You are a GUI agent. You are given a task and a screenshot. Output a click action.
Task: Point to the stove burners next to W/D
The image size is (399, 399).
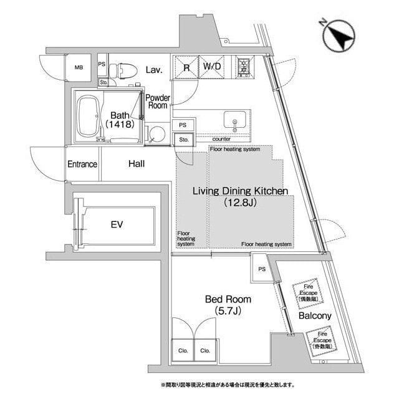[x=243, y=65]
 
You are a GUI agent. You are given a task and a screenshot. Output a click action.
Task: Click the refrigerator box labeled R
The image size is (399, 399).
[x=186, y=67]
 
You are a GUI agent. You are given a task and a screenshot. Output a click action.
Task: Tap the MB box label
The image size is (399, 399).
[x=79, y=67]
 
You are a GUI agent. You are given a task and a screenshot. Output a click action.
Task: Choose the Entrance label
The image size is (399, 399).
[x=82, y=165]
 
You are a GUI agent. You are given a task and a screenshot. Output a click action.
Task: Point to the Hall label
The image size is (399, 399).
[x=137, y=165]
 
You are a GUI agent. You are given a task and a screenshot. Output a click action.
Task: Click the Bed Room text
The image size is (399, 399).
[x=228, y=300]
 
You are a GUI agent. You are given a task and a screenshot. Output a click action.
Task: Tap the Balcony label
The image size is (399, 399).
[x=314, y=316]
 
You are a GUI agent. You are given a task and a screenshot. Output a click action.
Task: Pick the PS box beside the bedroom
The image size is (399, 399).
[x=261, y=269]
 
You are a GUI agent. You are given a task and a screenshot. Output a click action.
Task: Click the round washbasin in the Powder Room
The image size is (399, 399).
[x=157, y=133]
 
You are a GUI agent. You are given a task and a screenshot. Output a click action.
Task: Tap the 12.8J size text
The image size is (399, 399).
[x=240, y=203]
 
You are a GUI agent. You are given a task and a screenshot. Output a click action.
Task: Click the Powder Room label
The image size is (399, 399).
[x=158, y=102]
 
